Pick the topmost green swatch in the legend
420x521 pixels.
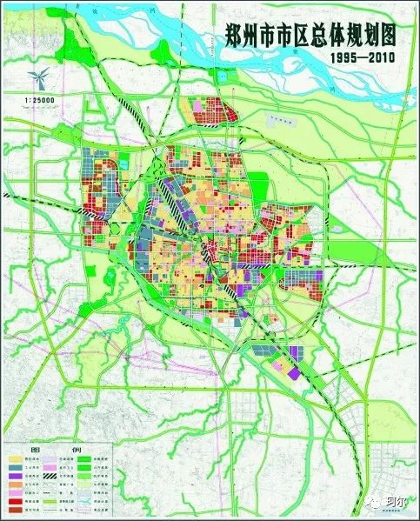tap(84, 459)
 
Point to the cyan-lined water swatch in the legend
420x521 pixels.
tap(84, 501)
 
